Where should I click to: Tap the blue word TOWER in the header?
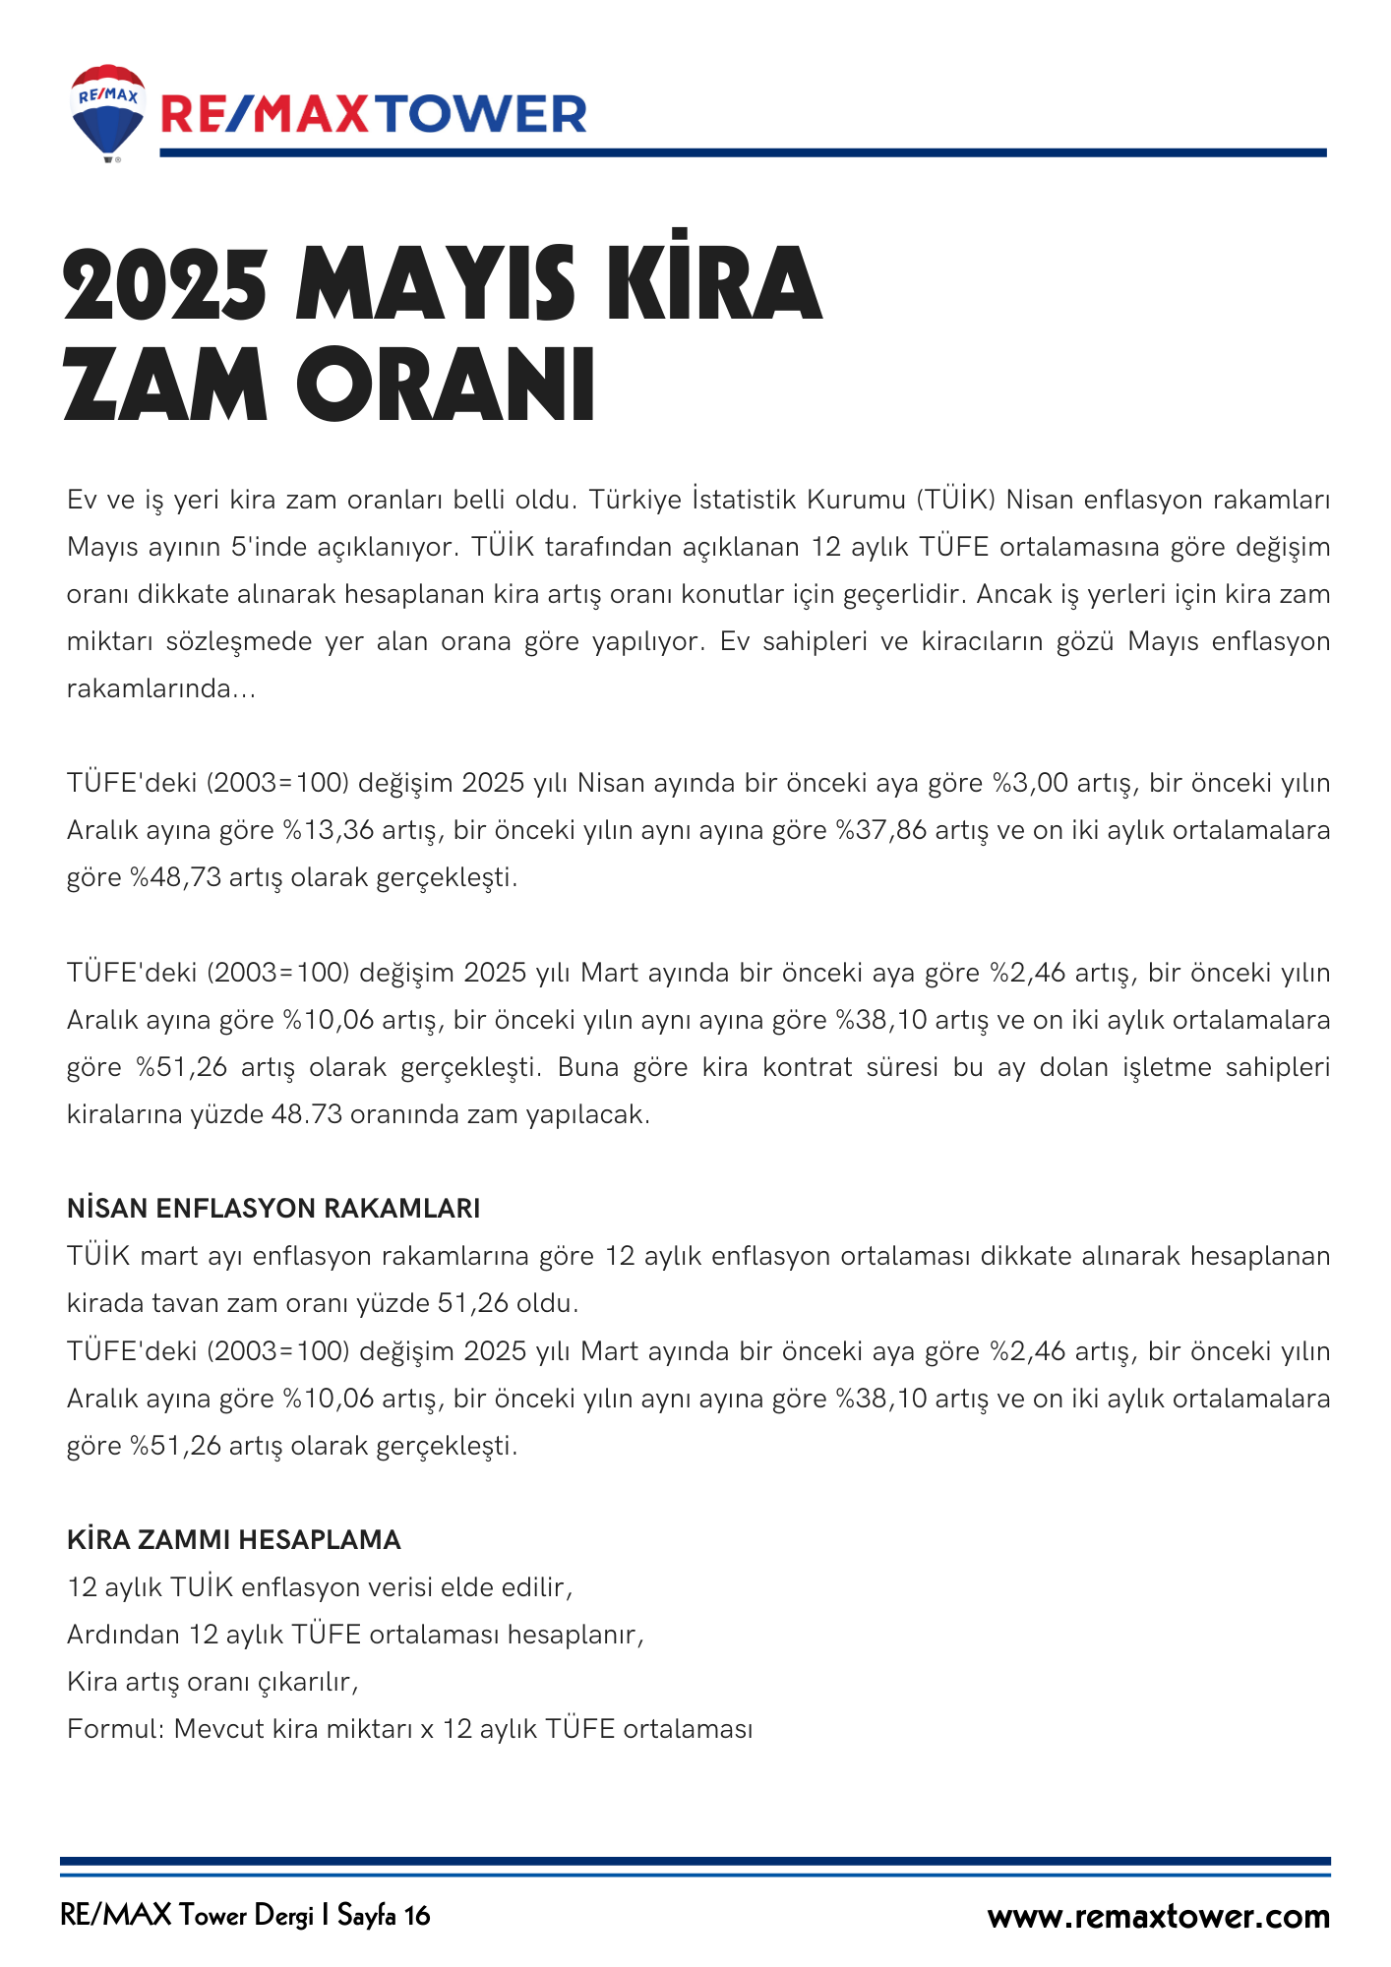482,115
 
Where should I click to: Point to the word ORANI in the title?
446,385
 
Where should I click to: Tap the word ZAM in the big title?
164,385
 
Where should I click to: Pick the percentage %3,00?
1030,783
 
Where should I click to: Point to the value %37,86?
881,830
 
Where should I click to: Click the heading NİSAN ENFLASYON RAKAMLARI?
273,1209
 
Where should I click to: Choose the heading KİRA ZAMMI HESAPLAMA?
234,1540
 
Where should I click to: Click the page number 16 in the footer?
416,1916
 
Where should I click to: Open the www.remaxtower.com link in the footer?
1158,1916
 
